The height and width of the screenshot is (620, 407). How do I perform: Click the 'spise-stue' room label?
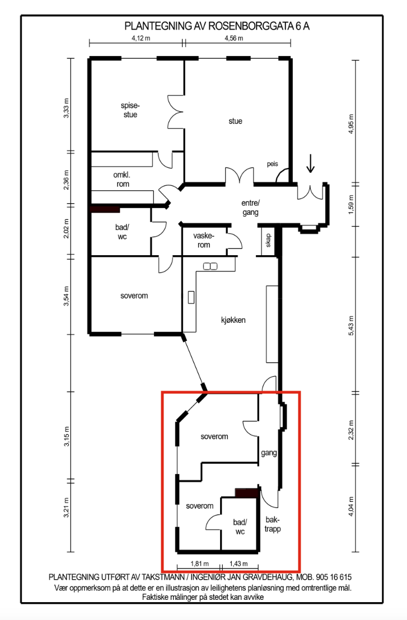(x=130, y=110)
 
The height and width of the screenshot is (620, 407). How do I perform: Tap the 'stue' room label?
(x=235, y=121)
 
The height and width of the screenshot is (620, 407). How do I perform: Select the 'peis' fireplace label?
(x=273, y=164)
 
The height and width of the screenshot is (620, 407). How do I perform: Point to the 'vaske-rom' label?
(x=204, y=241)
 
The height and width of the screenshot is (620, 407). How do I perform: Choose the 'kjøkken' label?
(x=233, y=320)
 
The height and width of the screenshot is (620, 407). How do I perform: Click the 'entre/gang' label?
(x=250, y=208)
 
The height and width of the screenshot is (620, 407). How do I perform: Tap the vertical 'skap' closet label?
(x=268, y=241)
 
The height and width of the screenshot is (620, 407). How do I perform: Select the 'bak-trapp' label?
(x=273, y=524)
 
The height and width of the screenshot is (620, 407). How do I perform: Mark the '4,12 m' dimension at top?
(x=141, y=39)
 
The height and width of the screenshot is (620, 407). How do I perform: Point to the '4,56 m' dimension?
(x=234, y=39)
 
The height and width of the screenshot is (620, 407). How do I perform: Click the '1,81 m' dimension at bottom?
(x=199, y=564)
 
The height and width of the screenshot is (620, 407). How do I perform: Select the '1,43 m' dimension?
(x=238, y=564)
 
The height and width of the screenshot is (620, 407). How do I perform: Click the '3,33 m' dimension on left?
(x=67, y=108)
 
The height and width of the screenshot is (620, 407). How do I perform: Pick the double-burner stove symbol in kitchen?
(x=210, y=266)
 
